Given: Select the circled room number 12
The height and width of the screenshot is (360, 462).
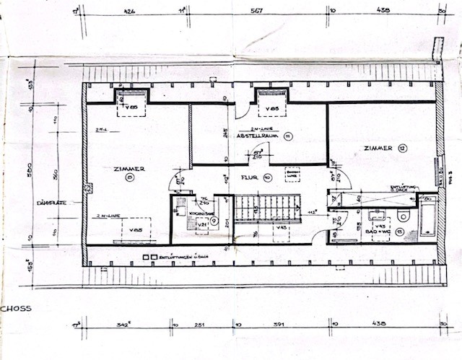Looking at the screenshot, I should point(402,148).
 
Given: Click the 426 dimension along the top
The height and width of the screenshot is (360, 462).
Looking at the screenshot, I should point(130,11).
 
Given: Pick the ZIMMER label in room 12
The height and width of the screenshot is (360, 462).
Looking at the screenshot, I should point(378,148).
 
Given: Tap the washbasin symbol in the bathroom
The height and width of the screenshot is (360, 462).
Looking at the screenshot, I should point(375,214).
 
